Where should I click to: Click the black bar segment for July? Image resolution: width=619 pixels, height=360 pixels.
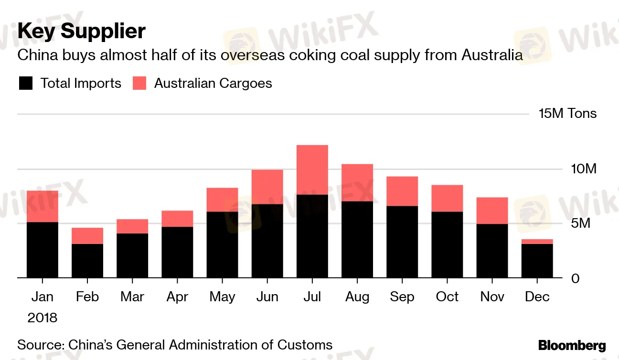click(312, 236)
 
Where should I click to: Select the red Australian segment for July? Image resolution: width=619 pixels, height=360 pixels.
click(312, 169)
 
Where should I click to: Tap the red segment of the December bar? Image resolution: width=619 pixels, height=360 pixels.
click(537, 242)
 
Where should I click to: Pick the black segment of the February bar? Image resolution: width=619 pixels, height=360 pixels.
click(87, 261)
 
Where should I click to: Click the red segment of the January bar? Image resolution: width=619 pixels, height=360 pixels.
click(43, 206)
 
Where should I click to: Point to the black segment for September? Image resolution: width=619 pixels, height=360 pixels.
click(402, 242)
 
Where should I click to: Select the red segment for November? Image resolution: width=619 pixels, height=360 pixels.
click(492, 211)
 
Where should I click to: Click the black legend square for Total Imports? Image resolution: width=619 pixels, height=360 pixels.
click(25, 84)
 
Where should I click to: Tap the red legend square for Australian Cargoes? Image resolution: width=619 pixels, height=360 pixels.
click(139, 84)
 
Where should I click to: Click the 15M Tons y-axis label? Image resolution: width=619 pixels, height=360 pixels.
click(567, 114)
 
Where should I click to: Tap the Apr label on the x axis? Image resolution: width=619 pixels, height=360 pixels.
click(177, 297)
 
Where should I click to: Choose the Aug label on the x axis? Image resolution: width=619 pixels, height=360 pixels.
click(357, 297)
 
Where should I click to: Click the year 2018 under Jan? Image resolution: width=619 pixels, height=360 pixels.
click(42, 318)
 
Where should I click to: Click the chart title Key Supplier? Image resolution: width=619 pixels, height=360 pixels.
click(82, 32)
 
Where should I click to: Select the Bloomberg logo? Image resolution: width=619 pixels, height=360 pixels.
click(572, 346)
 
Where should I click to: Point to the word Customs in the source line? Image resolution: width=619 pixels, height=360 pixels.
click(303, 345)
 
